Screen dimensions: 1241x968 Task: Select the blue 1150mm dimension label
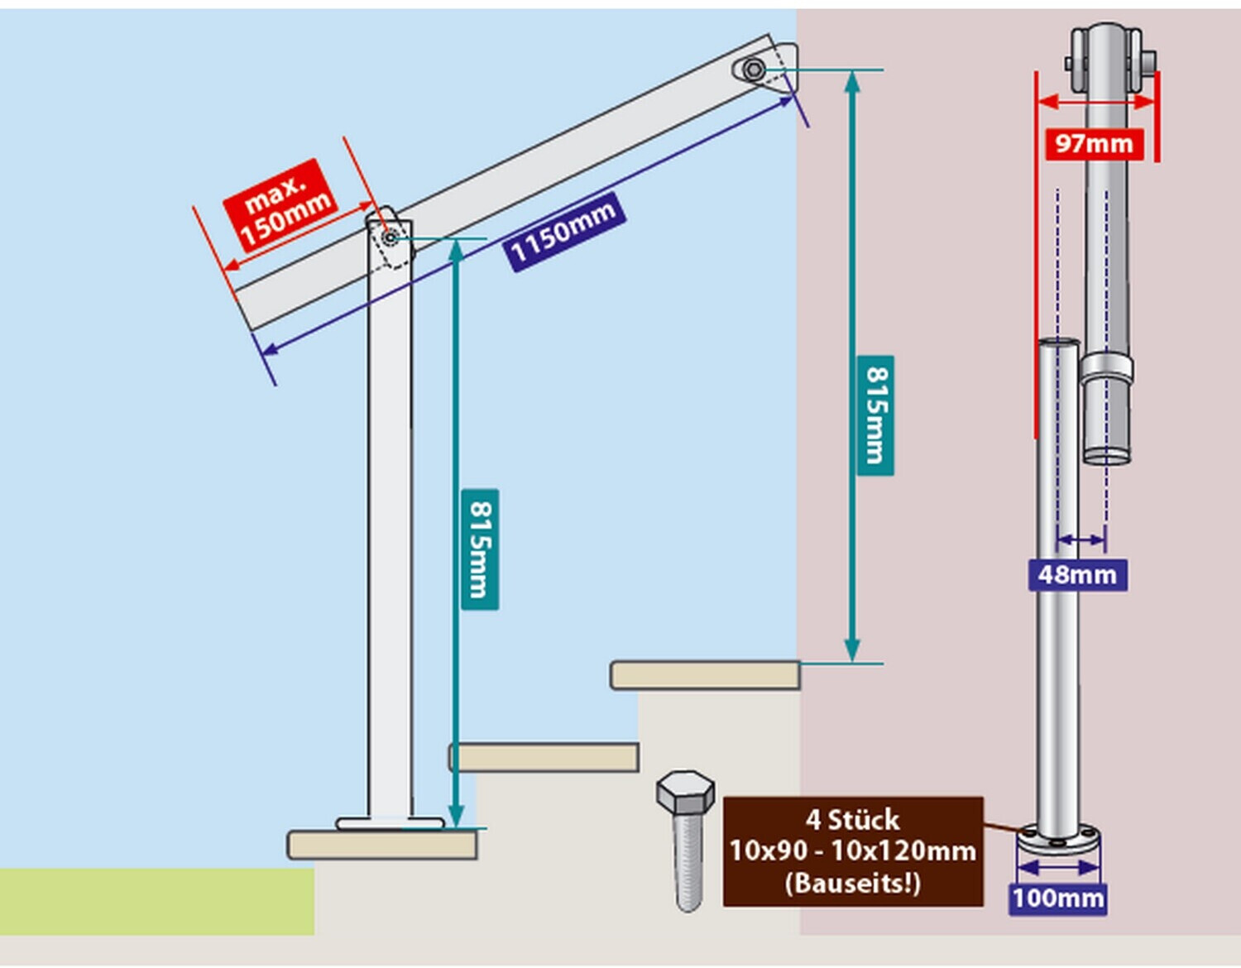(564, 232)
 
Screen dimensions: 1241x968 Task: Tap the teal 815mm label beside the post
(480, 549)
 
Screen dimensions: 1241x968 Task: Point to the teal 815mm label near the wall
(875, 415)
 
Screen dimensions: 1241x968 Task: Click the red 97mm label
(1095, 144)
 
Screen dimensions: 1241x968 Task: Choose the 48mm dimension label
(1077, 574)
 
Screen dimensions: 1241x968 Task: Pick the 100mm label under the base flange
(1058, 899)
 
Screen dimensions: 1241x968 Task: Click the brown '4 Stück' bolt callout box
(853, 851)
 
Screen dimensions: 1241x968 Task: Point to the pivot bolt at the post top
(390, 237)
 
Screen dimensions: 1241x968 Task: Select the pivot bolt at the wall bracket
(753, 69)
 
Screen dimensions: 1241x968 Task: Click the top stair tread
(706, 675)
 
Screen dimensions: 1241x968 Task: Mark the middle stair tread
(544, 757)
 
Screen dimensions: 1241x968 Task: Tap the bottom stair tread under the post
(382, 845)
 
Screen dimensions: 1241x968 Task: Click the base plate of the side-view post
(390, 823)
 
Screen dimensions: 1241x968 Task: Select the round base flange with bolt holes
(1058, 838)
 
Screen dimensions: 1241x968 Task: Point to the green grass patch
(156, 902)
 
